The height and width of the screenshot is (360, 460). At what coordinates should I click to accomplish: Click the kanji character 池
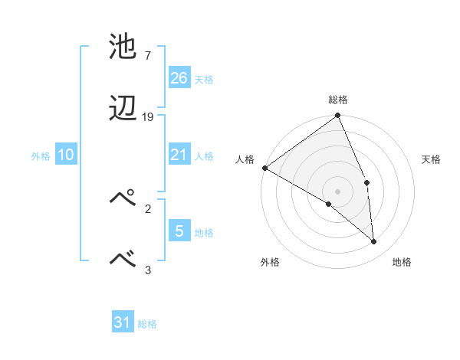click(x=124, y=47)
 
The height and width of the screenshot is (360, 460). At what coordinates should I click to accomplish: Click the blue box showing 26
click(x=179, y=77)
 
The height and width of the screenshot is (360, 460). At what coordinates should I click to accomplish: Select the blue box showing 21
click(x=179, y=155)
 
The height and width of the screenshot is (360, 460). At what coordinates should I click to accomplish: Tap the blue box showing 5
click(x=179, y=231)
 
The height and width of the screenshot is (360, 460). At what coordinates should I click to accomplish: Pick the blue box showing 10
click(x=66, y=155)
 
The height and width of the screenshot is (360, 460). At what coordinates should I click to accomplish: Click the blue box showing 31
click(x=123, y=322)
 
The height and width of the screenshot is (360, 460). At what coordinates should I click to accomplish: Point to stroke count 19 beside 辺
click(x=148, y=117)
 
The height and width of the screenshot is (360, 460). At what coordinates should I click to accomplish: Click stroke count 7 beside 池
click(x=147, y=55)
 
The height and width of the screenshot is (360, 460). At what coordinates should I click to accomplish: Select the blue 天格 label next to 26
click(x=204, y=79)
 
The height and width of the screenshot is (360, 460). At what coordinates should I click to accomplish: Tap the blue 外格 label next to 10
click(x=41, y=156)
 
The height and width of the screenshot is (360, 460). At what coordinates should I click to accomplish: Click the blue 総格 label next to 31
click(x=147, y=324)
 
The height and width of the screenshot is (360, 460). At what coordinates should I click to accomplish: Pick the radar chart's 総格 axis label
click(x=338, y=100)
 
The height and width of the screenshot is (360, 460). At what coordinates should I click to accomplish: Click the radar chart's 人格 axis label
click(x=245, y=159)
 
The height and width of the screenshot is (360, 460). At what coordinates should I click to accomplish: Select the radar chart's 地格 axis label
click(x=402, y=262)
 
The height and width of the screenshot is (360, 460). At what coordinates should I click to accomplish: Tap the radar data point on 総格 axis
click(x=338, y=116)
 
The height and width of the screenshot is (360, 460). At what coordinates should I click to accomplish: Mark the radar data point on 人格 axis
click(x=264, y=168)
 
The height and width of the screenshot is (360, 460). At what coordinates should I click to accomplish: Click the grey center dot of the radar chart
click(x=338, y=191)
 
